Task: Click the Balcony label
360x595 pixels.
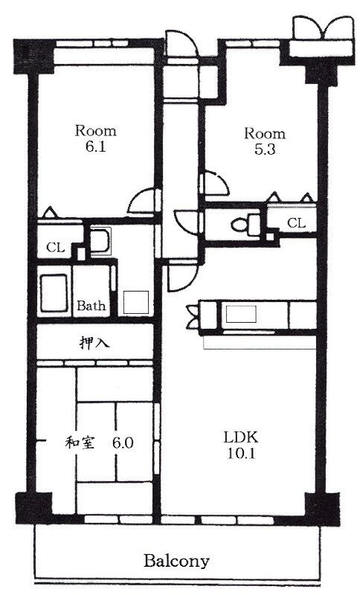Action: [x=176, y=560]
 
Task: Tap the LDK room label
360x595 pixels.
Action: [x=240, y=437]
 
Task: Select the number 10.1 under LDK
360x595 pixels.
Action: [x=241, y=454]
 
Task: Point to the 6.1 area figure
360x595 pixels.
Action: [x=95, y=147]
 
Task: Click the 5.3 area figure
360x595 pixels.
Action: [x=264, y=149]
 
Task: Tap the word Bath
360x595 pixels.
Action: [x=91, y=306]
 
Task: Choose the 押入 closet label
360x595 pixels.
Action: [x=94, y=343]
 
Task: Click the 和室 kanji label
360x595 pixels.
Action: [x=80, y=443]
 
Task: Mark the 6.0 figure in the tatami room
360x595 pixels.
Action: [x=123, y=443]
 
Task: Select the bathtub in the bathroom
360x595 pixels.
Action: [x=54, y=293]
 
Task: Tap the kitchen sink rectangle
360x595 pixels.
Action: [x=241, y=314]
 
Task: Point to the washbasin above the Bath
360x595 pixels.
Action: [x=100, y=240]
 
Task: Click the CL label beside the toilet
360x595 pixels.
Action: [x=296, y=222]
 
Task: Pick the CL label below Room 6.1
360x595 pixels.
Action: [x=55, y=248]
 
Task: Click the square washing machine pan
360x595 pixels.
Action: [x=136, y=303]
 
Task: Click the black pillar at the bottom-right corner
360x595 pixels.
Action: [x=323, y=509]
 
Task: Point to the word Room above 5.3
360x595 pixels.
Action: [x=264, y=134]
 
